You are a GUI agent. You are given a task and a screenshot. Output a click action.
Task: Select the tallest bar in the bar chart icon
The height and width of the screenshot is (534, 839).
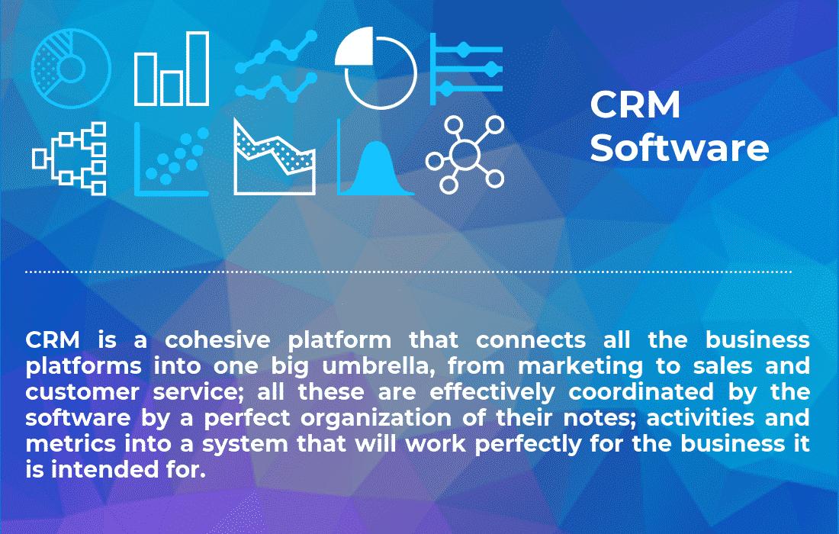[198, 69]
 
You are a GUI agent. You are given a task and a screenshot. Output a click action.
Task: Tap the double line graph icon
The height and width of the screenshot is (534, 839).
[275, 66]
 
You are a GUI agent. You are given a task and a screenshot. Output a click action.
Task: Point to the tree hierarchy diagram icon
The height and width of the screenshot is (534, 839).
[70, 159]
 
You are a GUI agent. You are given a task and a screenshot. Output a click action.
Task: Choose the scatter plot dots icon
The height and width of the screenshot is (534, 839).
[172, 159]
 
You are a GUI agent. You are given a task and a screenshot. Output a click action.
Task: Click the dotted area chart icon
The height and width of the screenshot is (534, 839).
[275, 159]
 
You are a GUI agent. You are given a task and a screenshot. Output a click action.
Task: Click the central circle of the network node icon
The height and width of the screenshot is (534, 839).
[464, 155]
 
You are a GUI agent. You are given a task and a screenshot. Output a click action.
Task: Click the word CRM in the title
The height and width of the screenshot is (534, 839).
[635, 105]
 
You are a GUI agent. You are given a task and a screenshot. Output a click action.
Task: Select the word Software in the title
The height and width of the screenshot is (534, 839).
[679, 147]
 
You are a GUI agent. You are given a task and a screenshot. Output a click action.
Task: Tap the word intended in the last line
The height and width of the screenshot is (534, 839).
[111, 471]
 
